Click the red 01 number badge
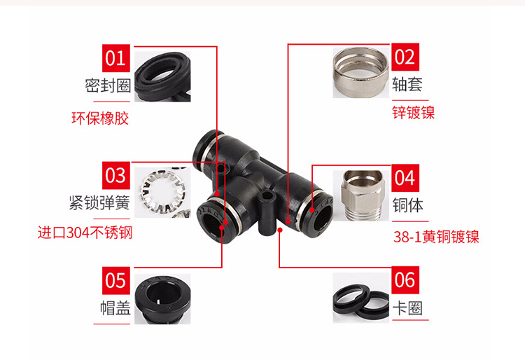pyautogui.click(x=115, y=58)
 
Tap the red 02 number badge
pyautogui.click(x=405, y=57)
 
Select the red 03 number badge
pyautogui.click(x=115, y=176)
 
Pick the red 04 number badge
pyautogui.click(x=405, y=178)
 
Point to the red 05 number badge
pyautogui.click(x=115, y=281)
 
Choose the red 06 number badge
pyautogui.click(x=405, y=280)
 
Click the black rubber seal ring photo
pyautogui.click(x=162, y=76)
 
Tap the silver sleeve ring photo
pyautogui.click(x=361, y=73)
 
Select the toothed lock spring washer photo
pyautogui.click(x=162, y=193)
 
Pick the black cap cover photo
pyautogui.click(x=162, y=299)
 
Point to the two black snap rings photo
pyautogui.click(x=361, y=298)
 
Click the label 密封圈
pyautogui.click(x=108, y=85)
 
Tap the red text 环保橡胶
pyautogui.click(x=100, y=118)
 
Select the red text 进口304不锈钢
pyautogui.click(x=85, y=233)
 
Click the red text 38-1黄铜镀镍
pyautogui.click(x=436, y=237)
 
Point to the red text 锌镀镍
pyautogui.click(x=414, y=113)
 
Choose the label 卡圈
pyautogui.click(x=407, y=308)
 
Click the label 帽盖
pyautogui.click(x=115, y=308)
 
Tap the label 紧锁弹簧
pyautogui.click(x=99, y=202)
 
